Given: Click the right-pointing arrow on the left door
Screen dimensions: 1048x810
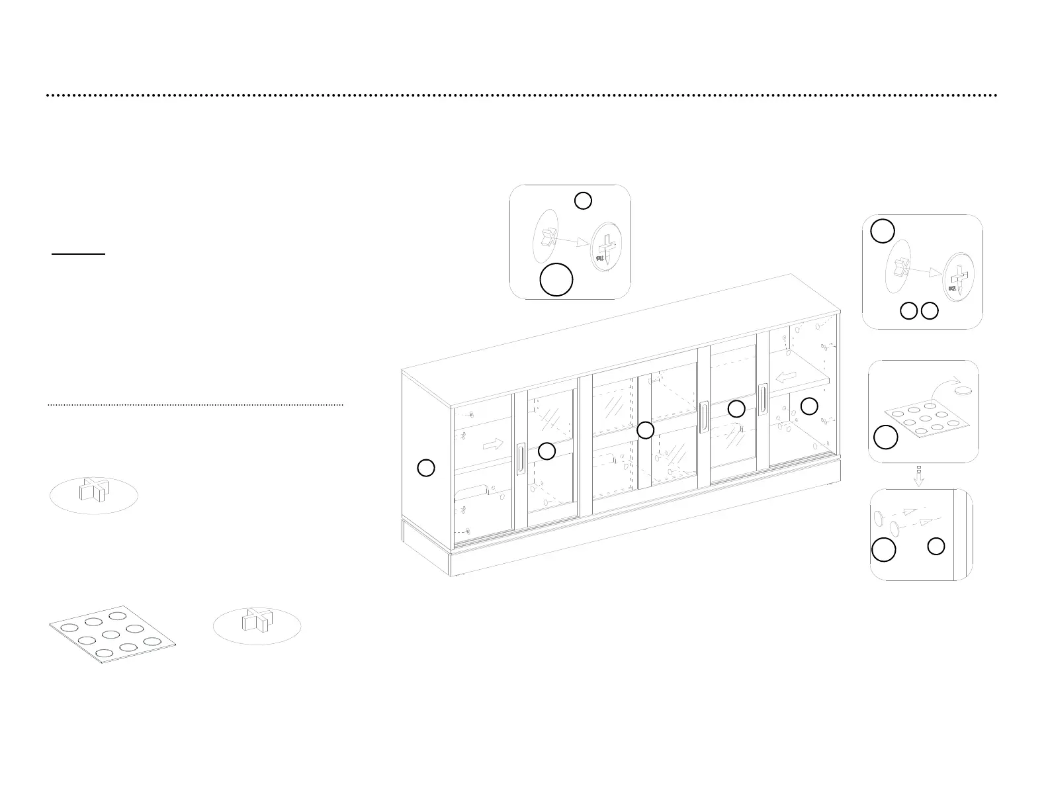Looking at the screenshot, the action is click(492, 443).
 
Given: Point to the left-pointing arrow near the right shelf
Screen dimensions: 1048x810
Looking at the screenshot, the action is click(785, 377).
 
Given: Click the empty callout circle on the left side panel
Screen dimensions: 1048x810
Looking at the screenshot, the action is click(426, 469).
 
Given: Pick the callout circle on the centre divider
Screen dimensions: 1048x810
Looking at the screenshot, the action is click(645, 431).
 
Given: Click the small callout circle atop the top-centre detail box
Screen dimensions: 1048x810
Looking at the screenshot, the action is click(582, 201).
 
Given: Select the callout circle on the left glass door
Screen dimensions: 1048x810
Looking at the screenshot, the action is click(546, 451).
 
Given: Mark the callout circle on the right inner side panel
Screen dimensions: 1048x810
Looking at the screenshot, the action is click(809, 406).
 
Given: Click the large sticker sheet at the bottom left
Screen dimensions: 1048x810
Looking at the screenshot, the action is click(112, 634).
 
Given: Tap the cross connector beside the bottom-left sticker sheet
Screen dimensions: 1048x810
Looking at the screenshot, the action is click(257, 623).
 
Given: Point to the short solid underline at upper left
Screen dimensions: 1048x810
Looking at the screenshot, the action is click(79, 253).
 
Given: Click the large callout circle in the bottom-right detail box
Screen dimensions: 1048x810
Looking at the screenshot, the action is click(883, 550).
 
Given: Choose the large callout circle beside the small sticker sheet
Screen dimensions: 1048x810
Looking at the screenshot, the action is click(886, 437).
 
